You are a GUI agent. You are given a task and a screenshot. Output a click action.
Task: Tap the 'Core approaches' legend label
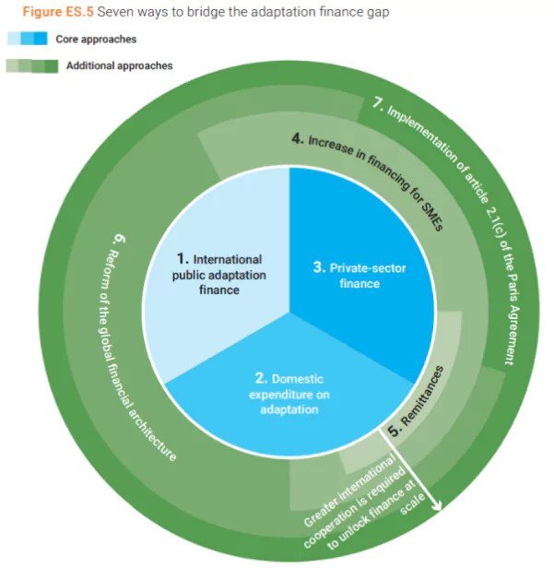[100, 40]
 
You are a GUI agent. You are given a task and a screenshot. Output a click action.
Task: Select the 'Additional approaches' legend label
[119, 66]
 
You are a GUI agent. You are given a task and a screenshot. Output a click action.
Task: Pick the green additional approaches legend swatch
[31, 66]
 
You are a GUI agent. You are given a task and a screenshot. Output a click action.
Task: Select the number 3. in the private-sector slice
[317, 268]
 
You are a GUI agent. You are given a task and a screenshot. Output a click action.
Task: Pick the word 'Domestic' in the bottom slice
[297, 379]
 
